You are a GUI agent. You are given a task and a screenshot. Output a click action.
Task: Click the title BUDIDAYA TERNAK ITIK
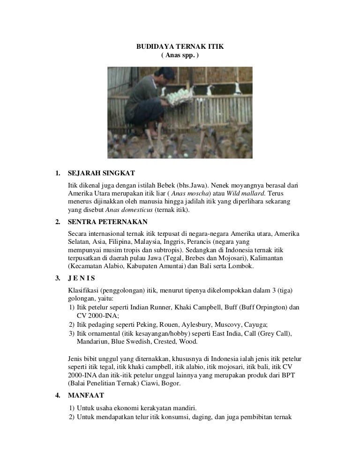coord(180,47)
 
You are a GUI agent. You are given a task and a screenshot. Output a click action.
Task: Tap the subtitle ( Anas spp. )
coord(180,55)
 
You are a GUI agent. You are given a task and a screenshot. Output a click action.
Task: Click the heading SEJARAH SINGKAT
coord(101,173)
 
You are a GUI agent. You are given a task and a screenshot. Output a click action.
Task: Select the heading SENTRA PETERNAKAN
coord(108,221)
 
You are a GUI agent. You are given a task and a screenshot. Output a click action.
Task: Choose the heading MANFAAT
coord(86,395)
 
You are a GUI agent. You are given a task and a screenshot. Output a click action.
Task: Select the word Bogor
coord(170,383)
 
